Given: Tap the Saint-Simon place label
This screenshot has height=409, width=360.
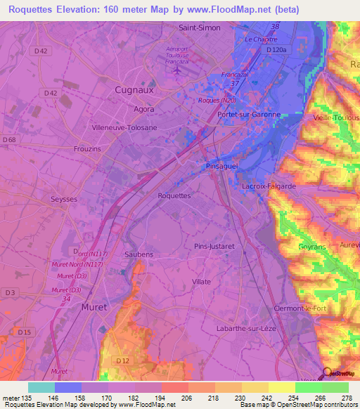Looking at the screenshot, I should coord(200,28).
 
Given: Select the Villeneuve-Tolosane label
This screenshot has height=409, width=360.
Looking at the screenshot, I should coord(124,128).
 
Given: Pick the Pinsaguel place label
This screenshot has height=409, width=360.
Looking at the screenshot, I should coord(223,166).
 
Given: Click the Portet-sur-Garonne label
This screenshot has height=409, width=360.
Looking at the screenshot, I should coord(249,115).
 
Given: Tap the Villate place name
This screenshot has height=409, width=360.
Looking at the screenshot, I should coord(201,281).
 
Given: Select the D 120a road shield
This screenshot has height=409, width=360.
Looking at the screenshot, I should coord(278,51).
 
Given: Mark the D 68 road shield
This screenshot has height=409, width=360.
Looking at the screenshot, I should coord(9,140).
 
